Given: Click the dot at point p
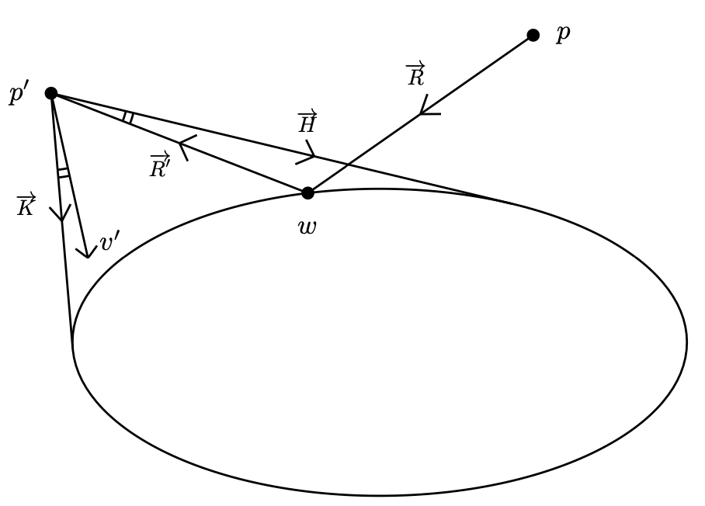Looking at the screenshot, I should [533, 35].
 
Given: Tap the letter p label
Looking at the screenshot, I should [563, 33].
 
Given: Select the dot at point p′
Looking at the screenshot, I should [51, 93].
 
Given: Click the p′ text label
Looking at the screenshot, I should [19, 93].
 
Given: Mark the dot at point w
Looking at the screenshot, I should [307, 192].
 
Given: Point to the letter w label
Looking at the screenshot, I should [307, 227].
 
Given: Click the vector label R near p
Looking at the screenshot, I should [416, 75].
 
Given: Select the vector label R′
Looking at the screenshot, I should [160, 165].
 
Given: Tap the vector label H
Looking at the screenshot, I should [307, 123].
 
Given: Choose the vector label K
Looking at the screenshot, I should [26, 206].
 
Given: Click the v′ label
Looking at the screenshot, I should [109, 242].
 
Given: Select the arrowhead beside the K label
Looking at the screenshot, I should [61, 215].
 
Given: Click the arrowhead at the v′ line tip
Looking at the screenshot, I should [87, 252].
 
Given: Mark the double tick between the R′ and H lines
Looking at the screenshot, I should [128, 117].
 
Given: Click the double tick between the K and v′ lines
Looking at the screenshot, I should [64, 172].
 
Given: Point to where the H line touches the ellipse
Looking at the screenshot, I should [509, 203].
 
